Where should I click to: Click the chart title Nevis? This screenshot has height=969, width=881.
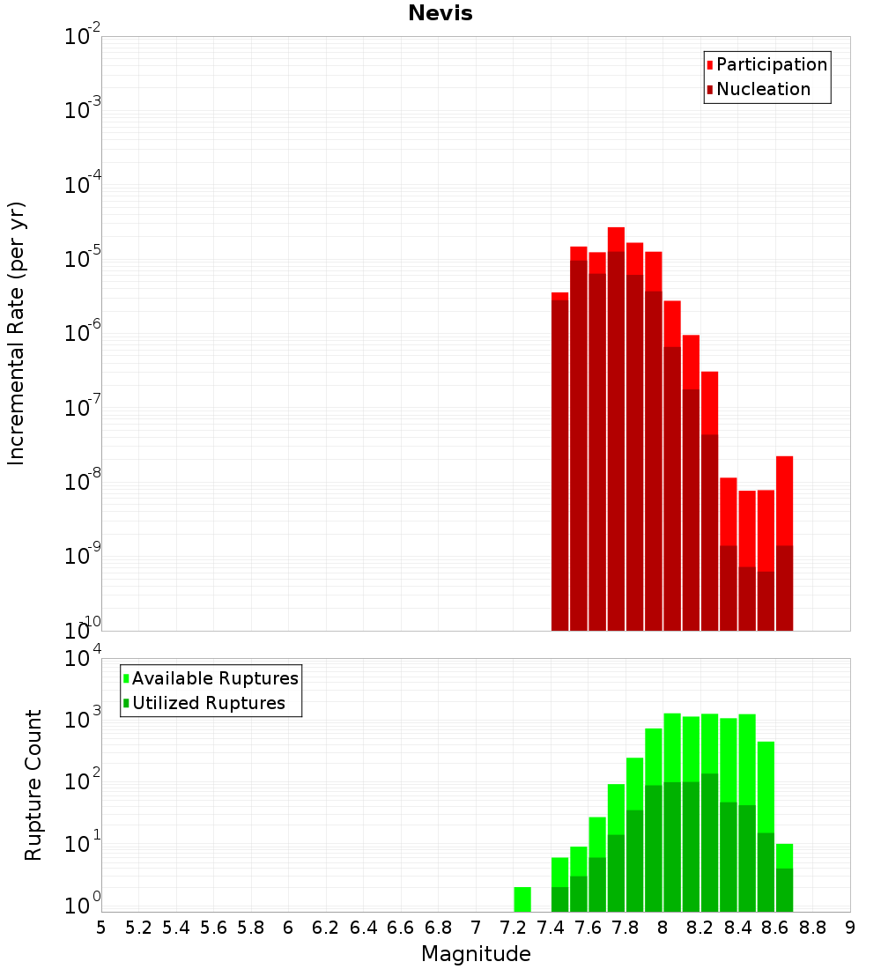pos(440,13)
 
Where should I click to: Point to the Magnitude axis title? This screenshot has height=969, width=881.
pos(476,954)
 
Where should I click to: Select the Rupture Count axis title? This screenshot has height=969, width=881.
pos(33,785)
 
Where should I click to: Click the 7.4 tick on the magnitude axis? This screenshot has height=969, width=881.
pos(551,927)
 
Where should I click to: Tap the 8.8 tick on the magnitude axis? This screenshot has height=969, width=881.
pos(812,927)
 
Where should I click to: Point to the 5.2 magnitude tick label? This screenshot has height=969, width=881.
pos(138,927)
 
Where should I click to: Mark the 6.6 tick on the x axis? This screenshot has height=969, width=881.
pos(401,927)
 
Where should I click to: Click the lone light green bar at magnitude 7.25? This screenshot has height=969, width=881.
pos(522,899)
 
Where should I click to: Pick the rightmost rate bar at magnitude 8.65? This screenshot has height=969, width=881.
pos(784,546)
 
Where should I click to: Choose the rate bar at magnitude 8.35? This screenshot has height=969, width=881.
pos(729,555)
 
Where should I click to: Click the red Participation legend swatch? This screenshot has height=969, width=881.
pos(710,65)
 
